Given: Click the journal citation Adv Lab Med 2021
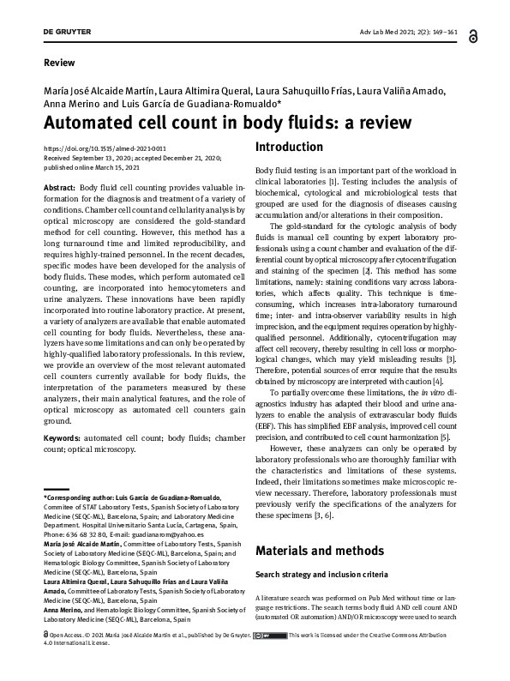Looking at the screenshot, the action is pos(398,32).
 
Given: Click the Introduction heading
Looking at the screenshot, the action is pos(289,148).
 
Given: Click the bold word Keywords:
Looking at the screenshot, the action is pos(62,437).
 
